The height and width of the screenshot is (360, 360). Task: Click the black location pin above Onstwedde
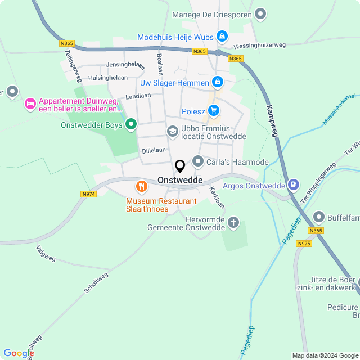(x=180, y=166)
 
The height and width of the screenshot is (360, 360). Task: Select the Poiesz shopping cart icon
(x=214, y=111)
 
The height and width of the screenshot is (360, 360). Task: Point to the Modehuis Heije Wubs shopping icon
(x=223, y=37)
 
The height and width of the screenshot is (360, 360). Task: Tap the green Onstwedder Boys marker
(x=131, y=124)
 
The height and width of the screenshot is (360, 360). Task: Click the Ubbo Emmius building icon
(x=172, y=131)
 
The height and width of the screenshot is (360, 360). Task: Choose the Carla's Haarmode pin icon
(x=198, y=162)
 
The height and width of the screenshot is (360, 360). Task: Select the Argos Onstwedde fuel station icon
(x=293, y=184)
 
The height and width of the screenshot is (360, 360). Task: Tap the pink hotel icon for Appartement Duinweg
(x=30, y=103)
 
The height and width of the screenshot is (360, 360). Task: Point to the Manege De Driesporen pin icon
(x=260, y=13)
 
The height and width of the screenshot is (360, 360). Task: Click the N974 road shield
(x=88, y=194)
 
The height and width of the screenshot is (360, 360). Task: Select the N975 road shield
(x=304, y=243)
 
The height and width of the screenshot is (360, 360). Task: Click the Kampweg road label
(x=273, y=121)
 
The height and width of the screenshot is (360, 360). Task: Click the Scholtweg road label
(x=96, y=283)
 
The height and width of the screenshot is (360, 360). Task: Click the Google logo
(x=19, y=353)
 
